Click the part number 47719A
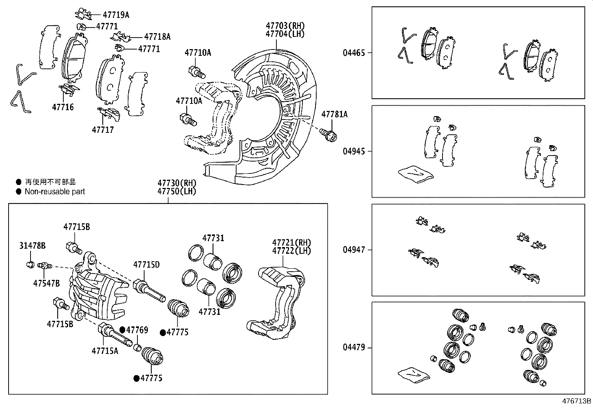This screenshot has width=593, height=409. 116,15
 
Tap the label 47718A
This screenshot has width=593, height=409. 157,36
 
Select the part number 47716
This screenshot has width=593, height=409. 63,107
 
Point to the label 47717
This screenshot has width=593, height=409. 103,130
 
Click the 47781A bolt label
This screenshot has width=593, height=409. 334,114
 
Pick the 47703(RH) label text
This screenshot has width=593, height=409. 285,26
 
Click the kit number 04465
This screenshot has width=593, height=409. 354,52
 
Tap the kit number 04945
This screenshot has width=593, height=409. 354,151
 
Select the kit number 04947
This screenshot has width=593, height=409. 354,250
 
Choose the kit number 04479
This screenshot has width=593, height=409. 354,348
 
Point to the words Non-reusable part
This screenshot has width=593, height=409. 55,192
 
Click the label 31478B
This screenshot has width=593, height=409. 32,246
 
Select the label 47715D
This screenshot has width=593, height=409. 146,265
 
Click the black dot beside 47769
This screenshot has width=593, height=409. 122,330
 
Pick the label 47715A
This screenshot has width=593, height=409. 105,351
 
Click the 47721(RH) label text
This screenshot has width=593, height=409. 291,243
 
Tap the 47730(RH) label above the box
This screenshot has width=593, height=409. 177,183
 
